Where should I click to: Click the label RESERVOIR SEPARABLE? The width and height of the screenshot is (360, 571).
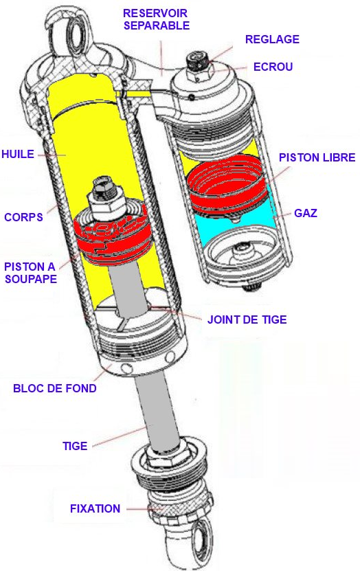point(157,19)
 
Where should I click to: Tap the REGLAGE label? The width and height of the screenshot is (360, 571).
point(272,39)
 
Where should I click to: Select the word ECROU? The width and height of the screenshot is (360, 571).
point(273,67)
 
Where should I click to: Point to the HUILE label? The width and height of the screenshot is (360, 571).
point(18,154)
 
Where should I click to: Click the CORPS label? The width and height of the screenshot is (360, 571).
point(23,217)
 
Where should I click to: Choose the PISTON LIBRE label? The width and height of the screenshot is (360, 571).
point(317,157)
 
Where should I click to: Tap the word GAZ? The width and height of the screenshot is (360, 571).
point(306,213)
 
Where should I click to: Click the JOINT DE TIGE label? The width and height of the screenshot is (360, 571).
point(247,320)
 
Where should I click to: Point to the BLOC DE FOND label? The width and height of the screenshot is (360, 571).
point(55,388)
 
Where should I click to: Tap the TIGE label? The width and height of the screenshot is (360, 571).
point(75,446)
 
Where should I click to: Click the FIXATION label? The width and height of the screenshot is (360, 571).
point(95,508)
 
